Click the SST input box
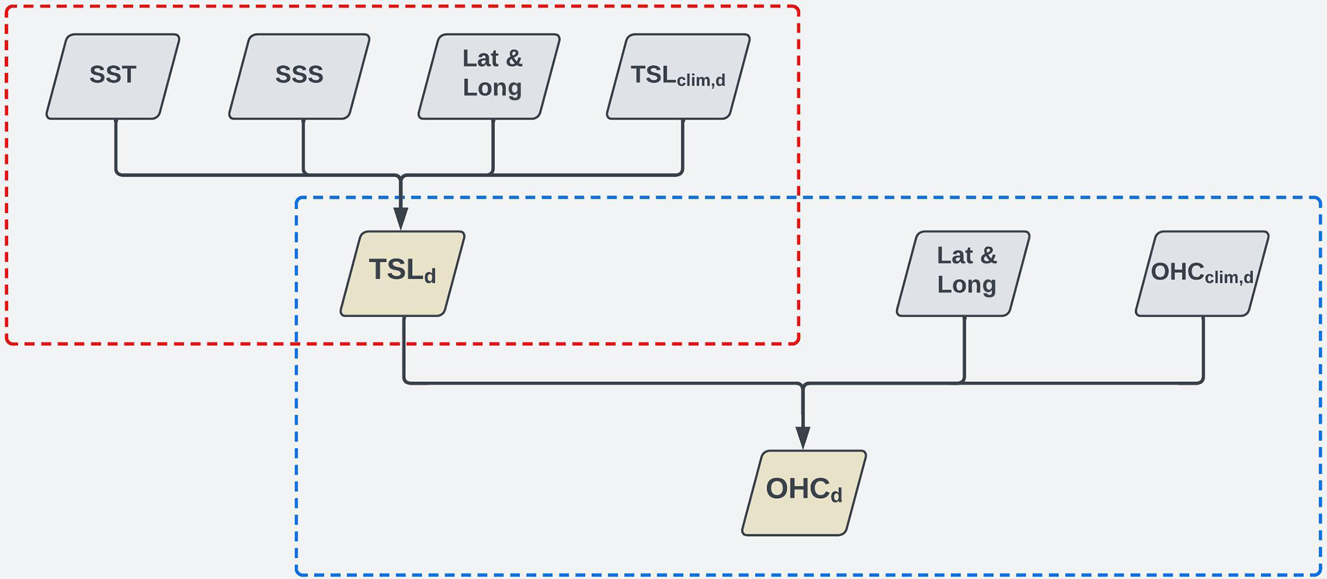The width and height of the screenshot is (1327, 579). pyautogui.click(x=113, y=76)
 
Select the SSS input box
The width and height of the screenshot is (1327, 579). pyautogui.click(x=299, y=76)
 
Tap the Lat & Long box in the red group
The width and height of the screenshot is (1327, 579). pyautogui.click(x=489, y=76)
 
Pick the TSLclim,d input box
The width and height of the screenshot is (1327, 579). pyautogui.click(x=678, y=76)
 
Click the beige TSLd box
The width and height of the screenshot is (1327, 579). pyautogui.click(x=403, y=273)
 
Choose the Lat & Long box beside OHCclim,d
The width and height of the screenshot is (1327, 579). pyautogui.click(x=963, y=273)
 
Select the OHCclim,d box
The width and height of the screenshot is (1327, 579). pyautogui.click(x=1202, y=273)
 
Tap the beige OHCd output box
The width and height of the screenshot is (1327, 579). pyautogui.click(x=804, y=492)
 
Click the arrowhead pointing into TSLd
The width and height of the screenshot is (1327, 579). pyautogui.click(x=401, y=218)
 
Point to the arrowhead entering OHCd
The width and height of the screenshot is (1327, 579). pyautogui.click(x=803, y=438)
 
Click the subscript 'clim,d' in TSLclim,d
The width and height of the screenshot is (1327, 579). pyautogui.click(x=701, y=81)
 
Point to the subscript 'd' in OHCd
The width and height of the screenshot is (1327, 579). pyautogui.click(x=836, y=496)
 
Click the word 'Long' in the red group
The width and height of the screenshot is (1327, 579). pyautogui.click(x=492, y=88)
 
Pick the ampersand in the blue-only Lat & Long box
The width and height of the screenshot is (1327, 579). pyautogui.click(x=986, y=256)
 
